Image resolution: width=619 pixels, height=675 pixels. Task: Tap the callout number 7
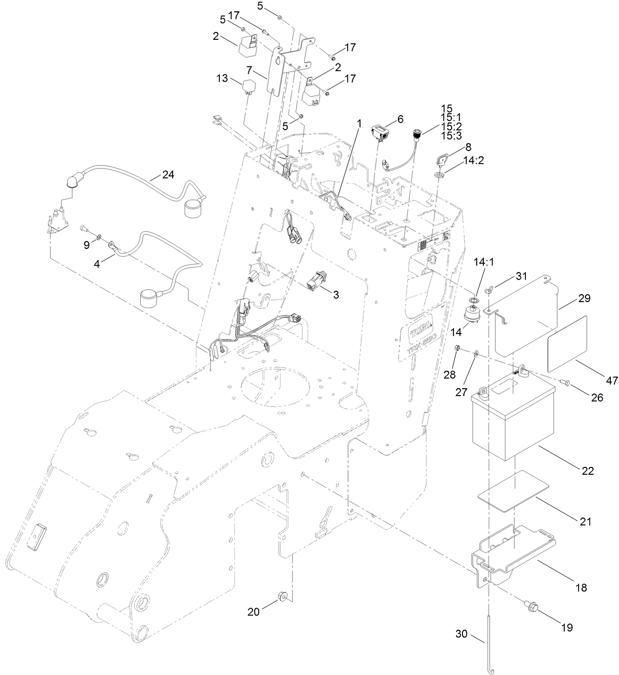[x=250, y=69]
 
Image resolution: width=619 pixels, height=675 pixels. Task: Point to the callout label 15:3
[x=451, y=135]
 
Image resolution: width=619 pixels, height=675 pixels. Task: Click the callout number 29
[x=585, y=299]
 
